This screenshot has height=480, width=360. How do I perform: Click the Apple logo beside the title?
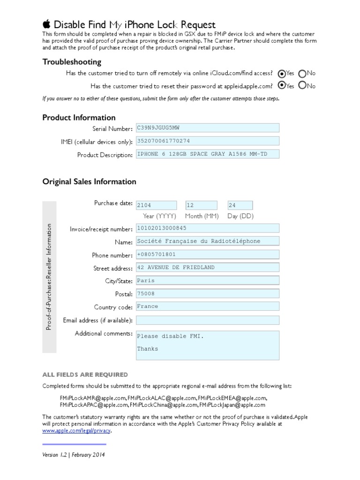click(x=46, y=24)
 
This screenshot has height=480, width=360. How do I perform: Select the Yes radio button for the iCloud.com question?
click(x=281, y=74)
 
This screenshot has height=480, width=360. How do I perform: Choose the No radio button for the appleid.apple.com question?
click(x=302, y=86)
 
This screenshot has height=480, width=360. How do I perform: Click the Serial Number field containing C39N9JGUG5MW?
click(x=207, y=128)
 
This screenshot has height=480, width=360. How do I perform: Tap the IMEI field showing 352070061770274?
click(x=207, y=141)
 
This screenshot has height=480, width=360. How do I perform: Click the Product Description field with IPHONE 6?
click(x=207, y=154)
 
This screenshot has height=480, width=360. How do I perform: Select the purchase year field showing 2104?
click(x=156, y=205)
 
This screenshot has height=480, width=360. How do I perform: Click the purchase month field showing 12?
click(x=202, y=205)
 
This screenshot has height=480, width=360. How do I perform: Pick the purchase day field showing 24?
click(x=240, y=205)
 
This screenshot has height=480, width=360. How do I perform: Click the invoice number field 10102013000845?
click(x=207, y=228)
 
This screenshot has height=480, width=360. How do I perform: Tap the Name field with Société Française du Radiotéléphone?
click(x=207, y=241)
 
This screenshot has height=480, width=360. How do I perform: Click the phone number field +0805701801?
click(x=207, y=255)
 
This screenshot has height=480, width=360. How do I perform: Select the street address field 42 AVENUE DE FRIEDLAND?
click(x=207, y=268)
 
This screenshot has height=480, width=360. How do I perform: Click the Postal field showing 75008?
click(x=207, y=294)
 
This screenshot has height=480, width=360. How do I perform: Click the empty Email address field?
click(x=207, y=320)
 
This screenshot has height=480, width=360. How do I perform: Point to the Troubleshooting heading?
click(x=72, y=62)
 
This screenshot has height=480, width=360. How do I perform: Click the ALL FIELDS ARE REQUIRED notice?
click(x=85, y=375)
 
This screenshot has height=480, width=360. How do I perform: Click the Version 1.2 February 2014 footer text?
click(x=74, y=455)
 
